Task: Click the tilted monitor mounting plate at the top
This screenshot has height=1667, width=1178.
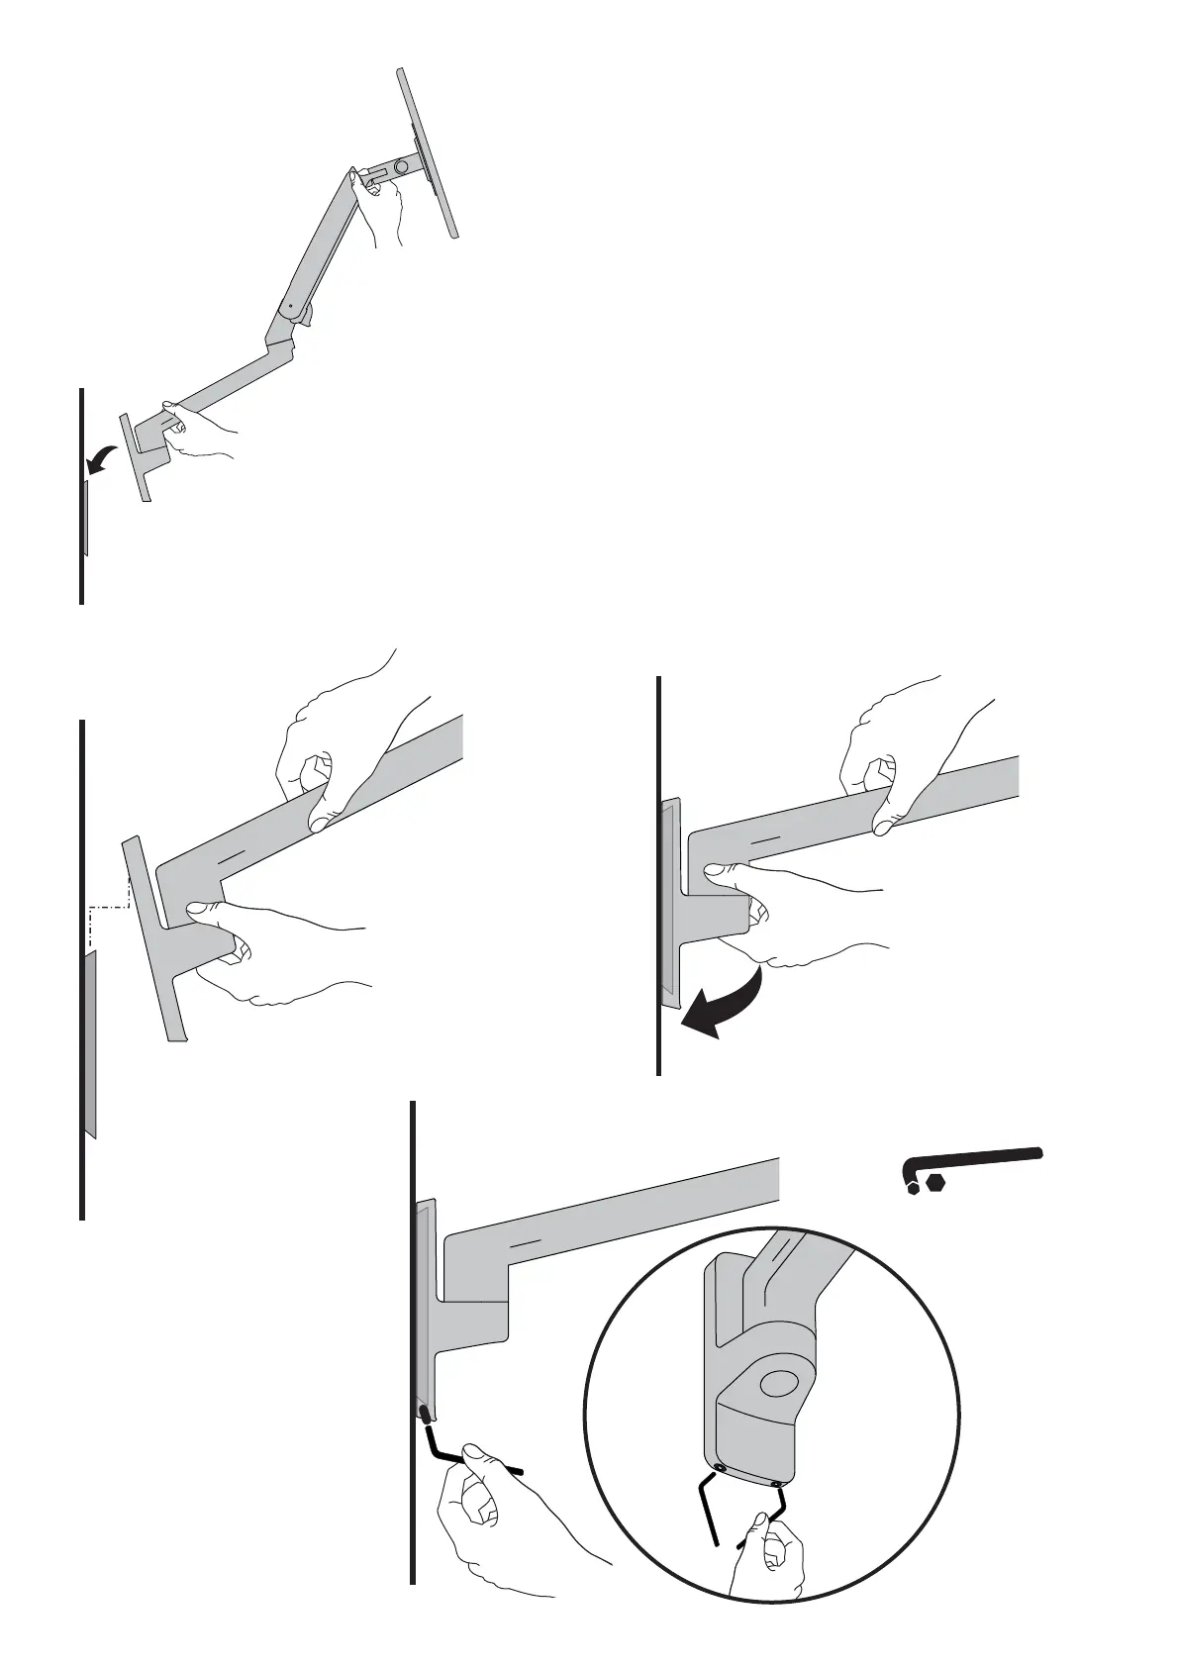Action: (x=429, y=153)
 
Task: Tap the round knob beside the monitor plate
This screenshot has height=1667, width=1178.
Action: (x=402, y=169)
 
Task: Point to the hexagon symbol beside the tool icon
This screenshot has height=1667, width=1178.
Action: (x=936, y=1183)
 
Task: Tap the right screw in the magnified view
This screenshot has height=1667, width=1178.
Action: (x=778, y=1483)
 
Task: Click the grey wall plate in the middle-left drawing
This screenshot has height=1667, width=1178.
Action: (x=90, y=1044)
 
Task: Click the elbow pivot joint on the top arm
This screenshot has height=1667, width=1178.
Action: (x=289, y=308)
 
